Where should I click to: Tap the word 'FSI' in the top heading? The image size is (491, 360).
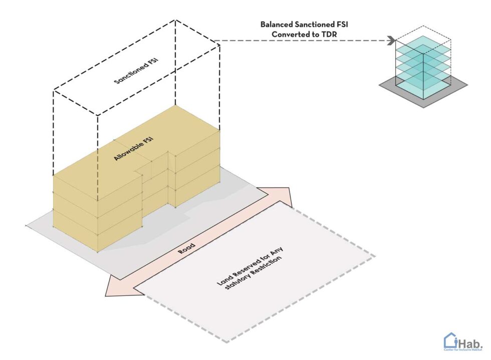[342, 24]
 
